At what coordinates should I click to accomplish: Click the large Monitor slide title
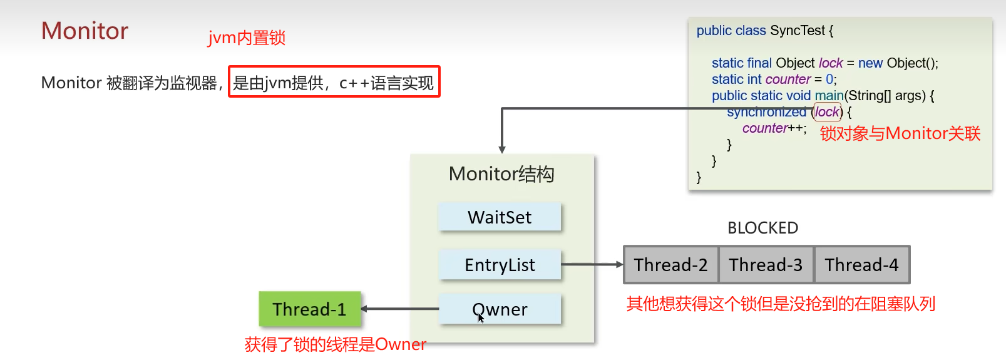[85, 31]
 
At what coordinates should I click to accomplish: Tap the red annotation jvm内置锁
[247, 38]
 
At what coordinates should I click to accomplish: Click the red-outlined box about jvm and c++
[334, 82]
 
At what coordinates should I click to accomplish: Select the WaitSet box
[500, 217]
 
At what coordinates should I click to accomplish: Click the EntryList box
[500, 265]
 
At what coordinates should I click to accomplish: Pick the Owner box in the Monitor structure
[500, 309]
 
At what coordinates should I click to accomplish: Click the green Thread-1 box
[310, 309]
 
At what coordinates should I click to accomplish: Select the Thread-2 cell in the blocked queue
[670, 265]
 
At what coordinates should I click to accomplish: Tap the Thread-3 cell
[766, 265]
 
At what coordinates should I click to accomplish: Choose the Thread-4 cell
[861, 265]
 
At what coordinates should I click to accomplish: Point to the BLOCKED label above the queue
[762, 228]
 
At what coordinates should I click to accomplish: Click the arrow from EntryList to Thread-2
[592, 264]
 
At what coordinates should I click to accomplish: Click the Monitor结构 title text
[501, 174]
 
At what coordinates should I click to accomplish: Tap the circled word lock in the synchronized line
[827, 112]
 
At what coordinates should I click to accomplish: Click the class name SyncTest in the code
[798, 31]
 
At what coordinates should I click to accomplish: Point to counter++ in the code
[774, 128]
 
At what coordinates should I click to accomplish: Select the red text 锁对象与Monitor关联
[900, 134]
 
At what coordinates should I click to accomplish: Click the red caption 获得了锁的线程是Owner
[335, 344]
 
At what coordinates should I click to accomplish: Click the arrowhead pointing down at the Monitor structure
[502, 149]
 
